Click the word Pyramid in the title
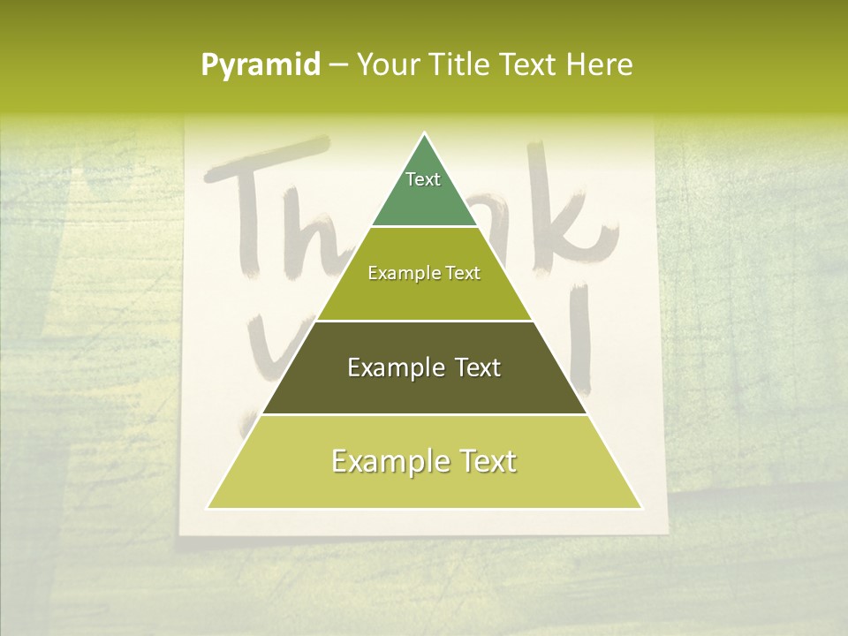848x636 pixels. pyautogui.click(x=260, y=65)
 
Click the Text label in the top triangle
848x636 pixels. pyautogui.click(x=423, y=179)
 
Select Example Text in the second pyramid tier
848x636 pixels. pyautogui.click(x=424, y=273)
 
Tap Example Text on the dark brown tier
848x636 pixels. pyautogui.click(x=424, y=367)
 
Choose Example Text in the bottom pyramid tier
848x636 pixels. pyautogui.click(x=424, y=461)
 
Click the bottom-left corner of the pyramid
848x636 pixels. pyautogui.click(x=208, y=508)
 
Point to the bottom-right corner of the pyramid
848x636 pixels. pyautogui.click(x=641, y=508)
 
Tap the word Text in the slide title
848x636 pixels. pyautogui.click(x=530, y=65)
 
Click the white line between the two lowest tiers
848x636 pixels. pyautogui.click(x=424, y=414)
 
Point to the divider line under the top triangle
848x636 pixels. pyautogui.click(x=424, y=226)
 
